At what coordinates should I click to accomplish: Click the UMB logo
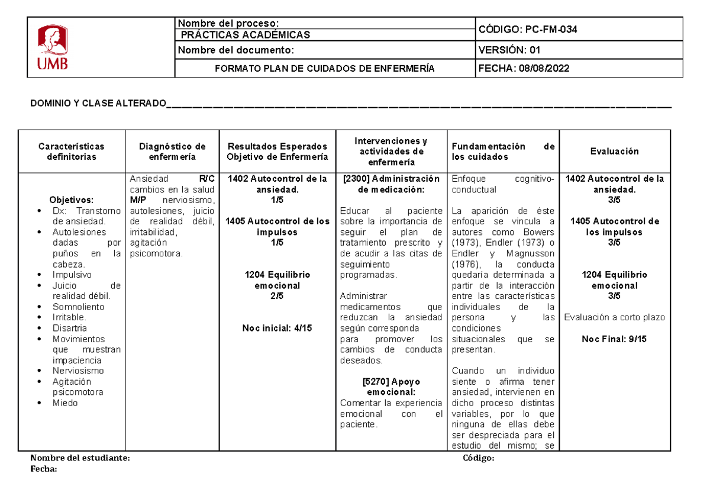click(53, 47)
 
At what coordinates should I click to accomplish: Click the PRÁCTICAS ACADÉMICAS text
click(245, 35)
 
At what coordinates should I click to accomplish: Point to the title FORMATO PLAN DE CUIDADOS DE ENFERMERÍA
click(324, 69)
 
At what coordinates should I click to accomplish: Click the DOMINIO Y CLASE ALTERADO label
click(98, 104)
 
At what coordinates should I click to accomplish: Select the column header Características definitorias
click(71, 152)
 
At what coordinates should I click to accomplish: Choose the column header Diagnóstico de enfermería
click(172, 152)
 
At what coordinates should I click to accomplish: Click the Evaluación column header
click(614, 152)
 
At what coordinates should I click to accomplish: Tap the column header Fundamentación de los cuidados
click(503, 152)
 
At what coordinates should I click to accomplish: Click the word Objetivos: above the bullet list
click(71, 200)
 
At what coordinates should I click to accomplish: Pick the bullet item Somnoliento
click(78, 307)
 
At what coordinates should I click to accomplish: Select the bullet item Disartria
click(69, 328)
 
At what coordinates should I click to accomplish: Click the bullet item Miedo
click(65, 403)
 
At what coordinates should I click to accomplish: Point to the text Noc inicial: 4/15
click(277, 328)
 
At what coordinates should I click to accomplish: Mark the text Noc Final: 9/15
click(614, 339)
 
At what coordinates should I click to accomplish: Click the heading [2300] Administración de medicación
click(392, 184)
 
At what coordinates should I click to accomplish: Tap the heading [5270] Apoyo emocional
click(392, 387)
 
